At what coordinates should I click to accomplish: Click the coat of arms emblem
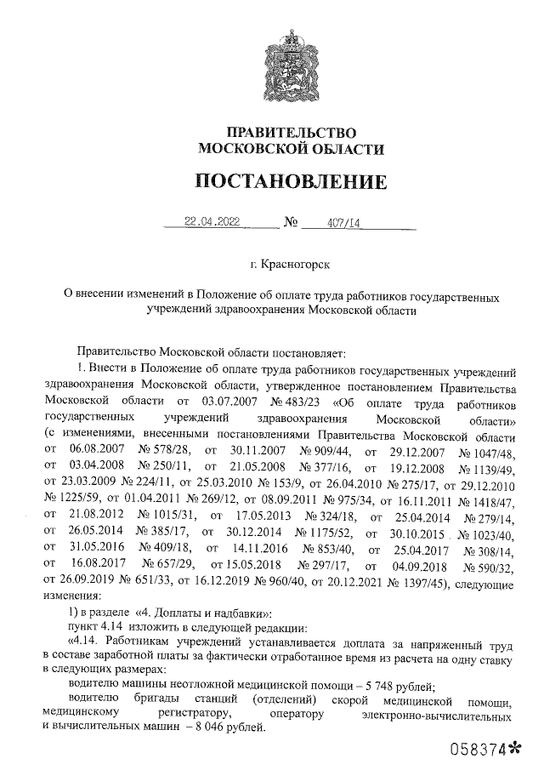290,65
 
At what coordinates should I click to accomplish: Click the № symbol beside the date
288,224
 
